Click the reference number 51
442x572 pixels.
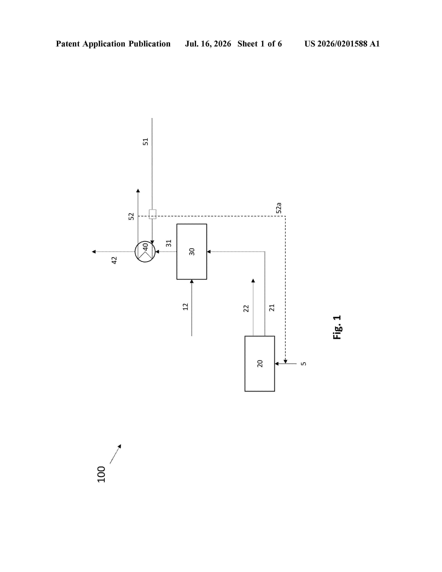point(145,142)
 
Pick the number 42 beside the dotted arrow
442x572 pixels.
point(114,260)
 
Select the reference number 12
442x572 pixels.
point(185,307)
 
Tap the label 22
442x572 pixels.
point(246,308)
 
